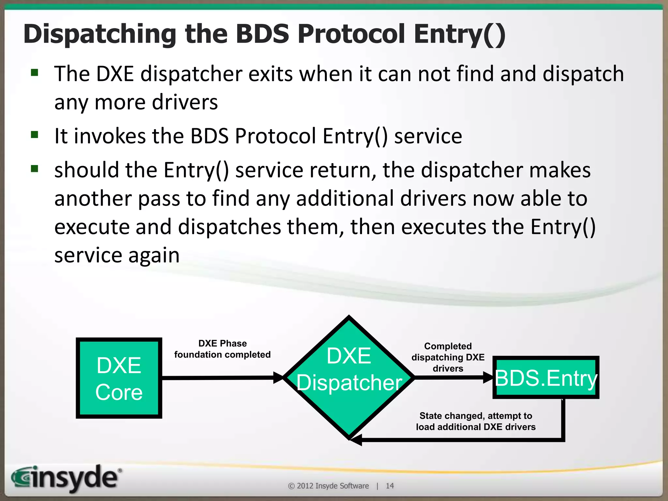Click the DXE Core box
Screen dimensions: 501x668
tap(119, 378)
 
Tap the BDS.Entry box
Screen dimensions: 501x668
tap(546, 378)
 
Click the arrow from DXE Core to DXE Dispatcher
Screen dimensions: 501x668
tap(222, 378)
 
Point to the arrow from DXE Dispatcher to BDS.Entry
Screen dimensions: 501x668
tap(453, 377)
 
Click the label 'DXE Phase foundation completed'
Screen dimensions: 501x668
tap(222, 349)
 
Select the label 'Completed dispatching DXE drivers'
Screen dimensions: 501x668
tap(448, 357)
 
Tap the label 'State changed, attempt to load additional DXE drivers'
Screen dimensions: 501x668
tap(476, 421)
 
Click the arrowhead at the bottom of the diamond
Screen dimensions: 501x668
tap(356, 440)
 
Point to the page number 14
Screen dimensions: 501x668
tap(389, 486)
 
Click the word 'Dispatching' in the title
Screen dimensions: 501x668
tap(100, 35)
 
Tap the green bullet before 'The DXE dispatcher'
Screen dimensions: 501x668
tap(35, 72)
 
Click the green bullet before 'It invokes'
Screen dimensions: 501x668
tap(35, 134)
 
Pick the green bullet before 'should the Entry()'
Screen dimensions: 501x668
tap(35, 169)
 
